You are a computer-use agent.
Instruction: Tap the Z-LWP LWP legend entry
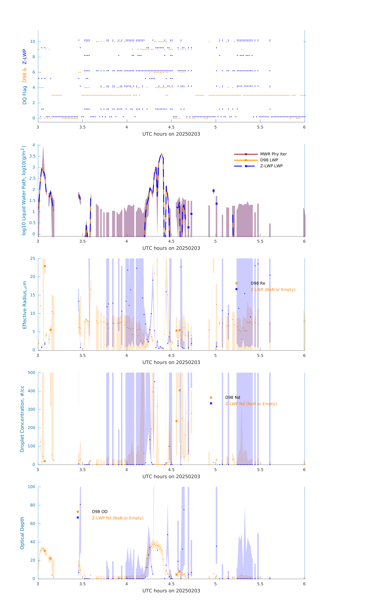[271, 166]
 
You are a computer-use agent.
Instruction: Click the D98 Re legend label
[258, 283]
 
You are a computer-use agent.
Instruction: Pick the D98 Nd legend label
[233, 398]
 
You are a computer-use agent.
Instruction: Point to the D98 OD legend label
[100, 512]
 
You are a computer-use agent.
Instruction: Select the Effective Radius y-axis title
[25, 305]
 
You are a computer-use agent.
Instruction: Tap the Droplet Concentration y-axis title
[22, 419]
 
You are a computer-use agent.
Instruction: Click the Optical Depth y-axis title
[22, 533]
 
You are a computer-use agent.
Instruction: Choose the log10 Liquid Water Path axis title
[24, 190]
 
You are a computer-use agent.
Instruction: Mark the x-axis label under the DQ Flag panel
[171, 134]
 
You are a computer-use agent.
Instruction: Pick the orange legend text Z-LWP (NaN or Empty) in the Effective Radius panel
[273, 290]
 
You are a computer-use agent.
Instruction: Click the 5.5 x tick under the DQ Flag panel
[260, 127]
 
